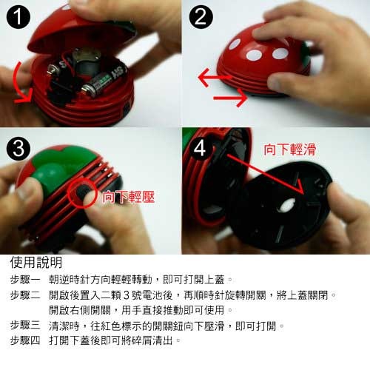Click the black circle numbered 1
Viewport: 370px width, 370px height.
pos(18,17)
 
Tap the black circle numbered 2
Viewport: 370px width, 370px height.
pos(201,17)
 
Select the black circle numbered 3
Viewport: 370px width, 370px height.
pos(18,149)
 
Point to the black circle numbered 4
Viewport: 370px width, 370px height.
pos(201,149)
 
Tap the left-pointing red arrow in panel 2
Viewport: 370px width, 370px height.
pos(214,78)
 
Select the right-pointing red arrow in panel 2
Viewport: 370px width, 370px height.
pos(231,98)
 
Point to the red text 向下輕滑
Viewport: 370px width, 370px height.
pos(290,149)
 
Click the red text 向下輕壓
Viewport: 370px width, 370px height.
pos(129,197)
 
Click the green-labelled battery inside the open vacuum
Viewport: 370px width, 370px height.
pos(104,83)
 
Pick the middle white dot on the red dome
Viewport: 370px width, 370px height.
pos(255,55)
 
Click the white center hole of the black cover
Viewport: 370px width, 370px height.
pos(286,205)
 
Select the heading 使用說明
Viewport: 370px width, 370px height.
pos(36,262)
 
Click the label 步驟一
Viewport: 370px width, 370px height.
pos(25,280)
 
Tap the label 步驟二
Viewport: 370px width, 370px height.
pos(25,295)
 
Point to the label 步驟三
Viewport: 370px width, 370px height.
pos(25,326)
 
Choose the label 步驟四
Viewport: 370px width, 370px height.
pos(25,340)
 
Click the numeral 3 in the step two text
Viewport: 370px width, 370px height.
pos(126,295)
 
